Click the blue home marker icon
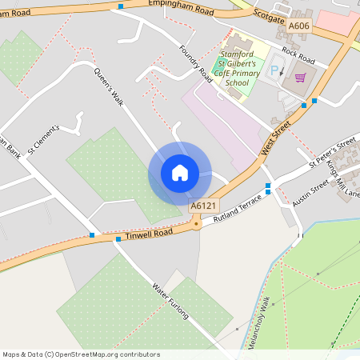(x=180, y=173)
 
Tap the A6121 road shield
(x=204, y=206)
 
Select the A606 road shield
(x=298, y=26)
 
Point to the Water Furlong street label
(x=170, y=301)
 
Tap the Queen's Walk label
(x=110, y=86)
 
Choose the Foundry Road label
(x=195, y=62)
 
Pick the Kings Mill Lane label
(x=343, y=179)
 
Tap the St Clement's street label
(x=43, y=138)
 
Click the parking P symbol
(x=275, y=70)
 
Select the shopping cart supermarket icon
(x=301, y=77)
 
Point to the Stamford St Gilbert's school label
(x=238, y=67)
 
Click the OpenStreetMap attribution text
(x=81, y=354)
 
